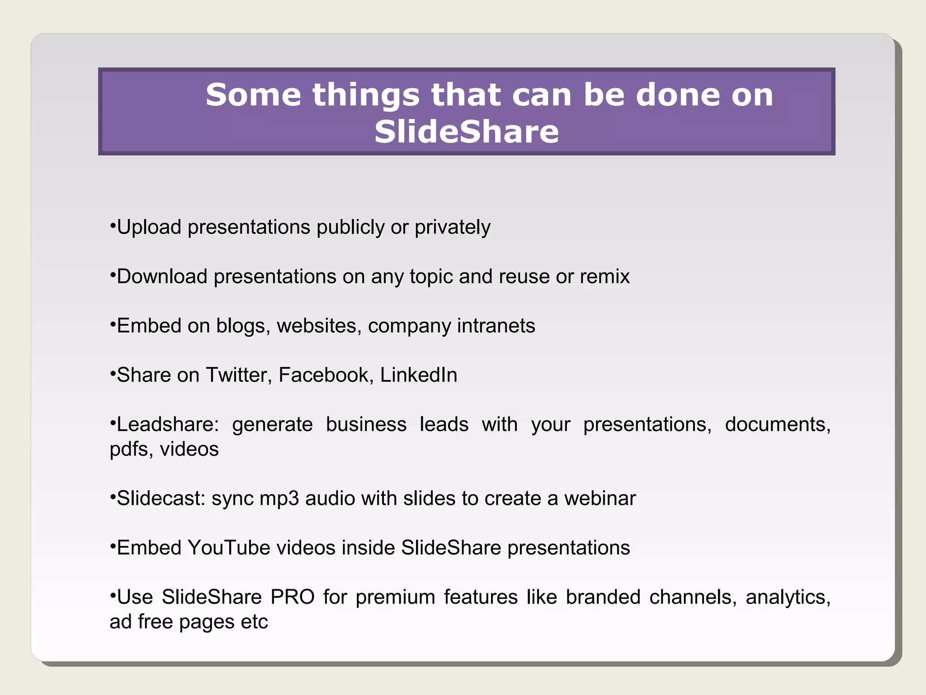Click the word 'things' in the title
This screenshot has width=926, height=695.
coord(366,96)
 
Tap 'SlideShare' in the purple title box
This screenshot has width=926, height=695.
coord(467,132)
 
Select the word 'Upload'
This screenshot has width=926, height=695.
coord(149,228)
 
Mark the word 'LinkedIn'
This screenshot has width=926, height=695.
coord(419,375)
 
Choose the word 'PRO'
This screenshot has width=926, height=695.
coord(293,597)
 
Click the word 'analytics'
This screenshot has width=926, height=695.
coord(788,598)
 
